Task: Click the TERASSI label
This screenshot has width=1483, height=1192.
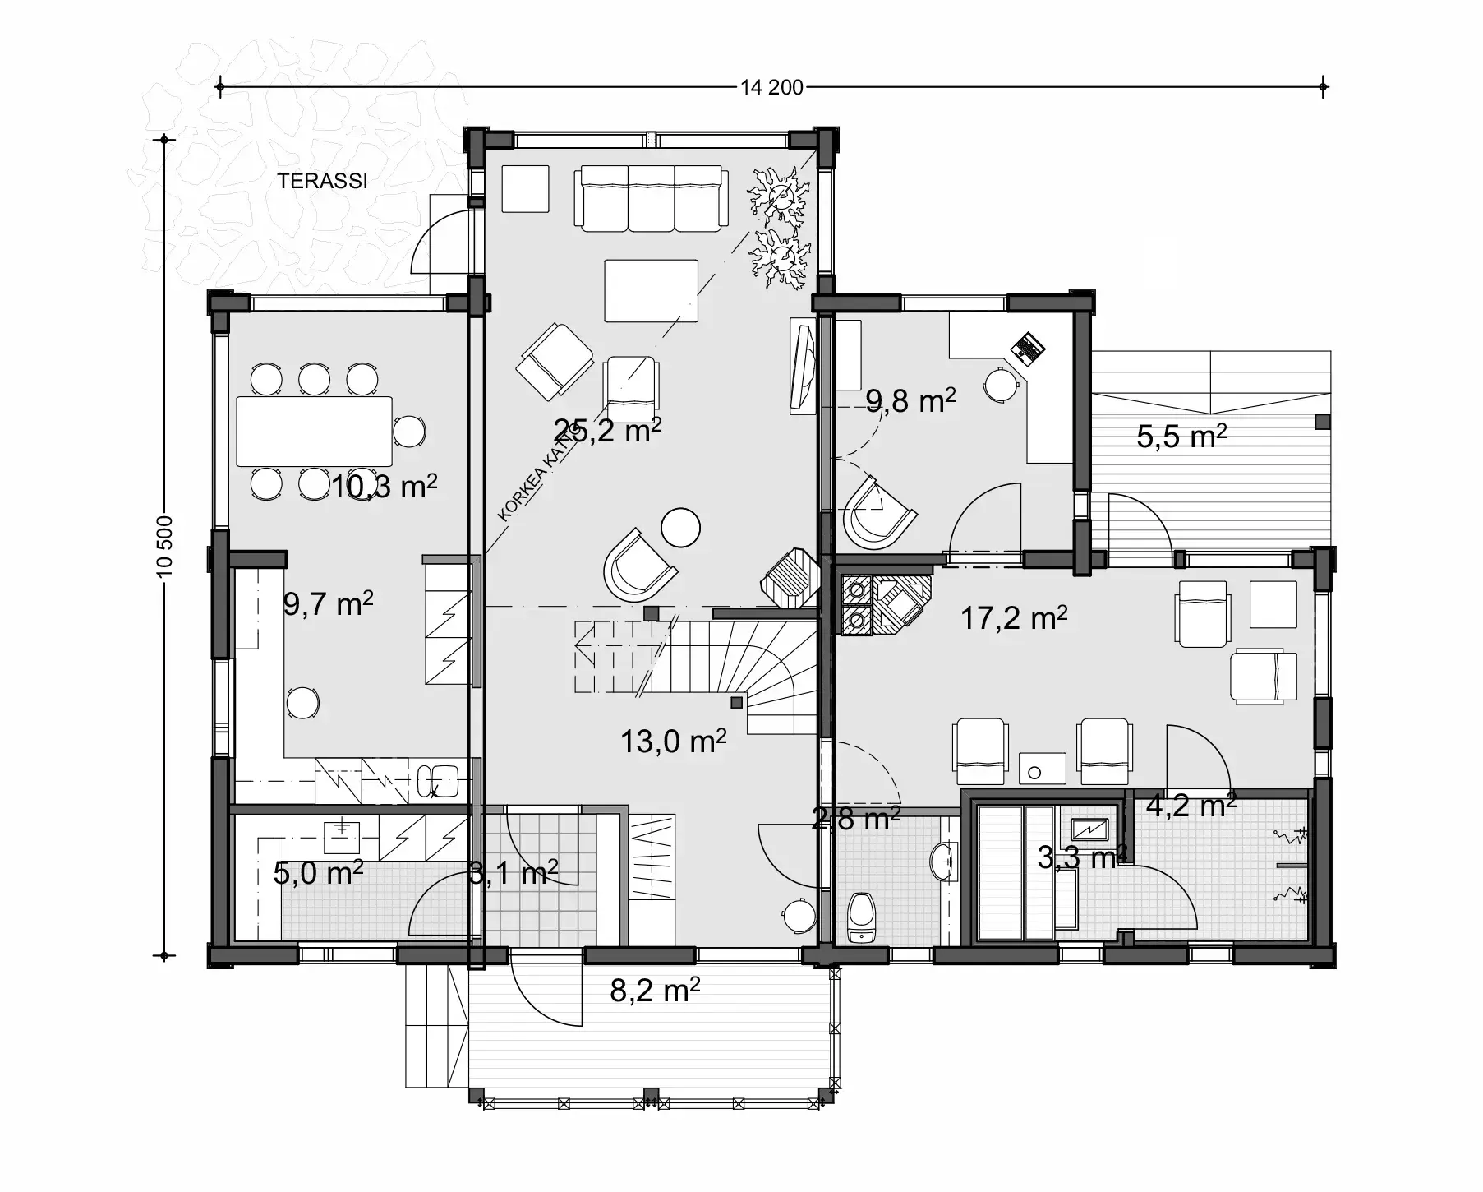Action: [x=322, y=182]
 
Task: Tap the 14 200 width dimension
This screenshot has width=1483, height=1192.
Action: [x=771, y=87]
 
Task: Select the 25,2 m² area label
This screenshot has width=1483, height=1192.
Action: [x=607, y=430]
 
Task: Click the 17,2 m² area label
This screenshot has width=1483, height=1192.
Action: [x=1014, y=617]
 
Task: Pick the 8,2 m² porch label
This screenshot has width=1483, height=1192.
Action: [x=655, y=991]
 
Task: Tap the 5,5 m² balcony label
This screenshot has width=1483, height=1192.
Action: [x=1181, y=436]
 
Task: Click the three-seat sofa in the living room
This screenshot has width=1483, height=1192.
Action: [x=652, y=198]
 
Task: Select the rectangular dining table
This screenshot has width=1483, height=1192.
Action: [x=314, y=432]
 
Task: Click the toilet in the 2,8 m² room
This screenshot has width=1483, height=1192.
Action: [x=860, y=917]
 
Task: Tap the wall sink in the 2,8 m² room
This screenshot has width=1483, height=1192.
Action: [x=944, y=862]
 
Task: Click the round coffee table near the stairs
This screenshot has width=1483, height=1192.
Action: [x=680, y=526]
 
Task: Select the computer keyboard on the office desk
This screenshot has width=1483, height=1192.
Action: [x=1026, y=348]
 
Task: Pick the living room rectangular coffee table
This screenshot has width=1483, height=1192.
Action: [x=651, y=291]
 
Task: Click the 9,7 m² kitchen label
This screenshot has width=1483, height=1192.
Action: [x=328, y=604]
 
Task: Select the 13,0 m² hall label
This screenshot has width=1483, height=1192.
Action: [x=673, y=742]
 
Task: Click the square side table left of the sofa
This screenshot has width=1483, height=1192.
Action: [x=525, y=189]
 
